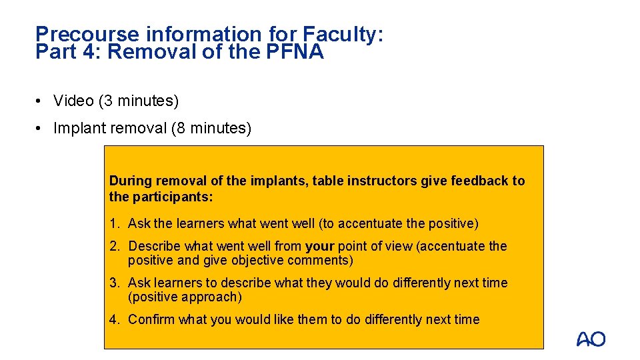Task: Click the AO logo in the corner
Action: coord(591,339)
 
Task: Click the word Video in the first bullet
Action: coord(73,101)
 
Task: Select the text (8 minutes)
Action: coord(211,128)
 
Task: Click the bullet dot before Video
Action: coord(41,101)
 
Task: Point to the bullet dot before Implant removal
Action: coord(41,129)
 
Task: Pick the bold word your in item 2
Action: coord(319,246)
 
